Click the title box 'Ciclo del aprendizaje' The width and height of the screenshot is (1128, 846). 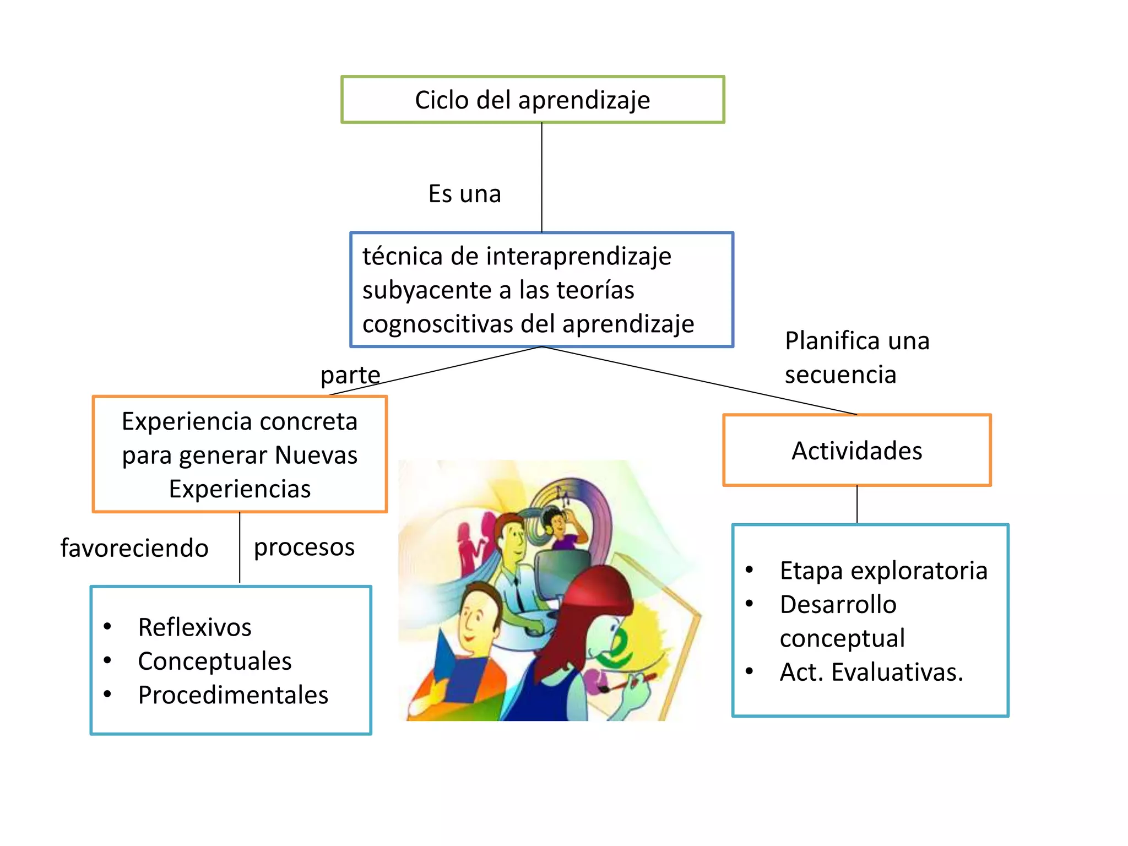pos(532,100)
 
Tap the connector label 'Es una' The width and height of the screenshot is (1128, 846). pos(464,194)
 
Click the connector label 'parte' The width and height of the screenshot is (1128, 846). pos(350,375)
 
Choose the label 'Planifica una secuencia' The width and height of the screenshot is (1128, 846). pos(856,357)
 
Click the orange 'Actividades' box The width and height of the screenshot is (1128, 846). pos(856,451)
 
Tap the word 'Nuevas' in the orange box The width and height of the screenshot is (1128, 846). pos(316,455)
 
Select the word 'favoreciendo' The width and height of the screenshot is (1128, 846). pos(134,548)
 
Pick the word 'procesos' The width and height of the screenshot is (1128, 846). pos(304,547)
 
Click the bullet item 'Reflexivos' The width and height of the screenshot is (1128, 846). pos(194,627)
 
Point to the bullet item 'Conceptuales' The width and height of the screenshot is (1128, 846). pos(214,661)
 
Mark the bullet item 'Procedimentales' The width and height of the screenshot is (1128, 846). pos(233,695)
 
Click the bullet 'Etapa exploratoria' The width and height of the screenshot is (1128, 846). pos(883,571)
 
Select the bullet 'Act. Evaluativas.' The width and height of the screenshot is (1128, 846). pos(871,672)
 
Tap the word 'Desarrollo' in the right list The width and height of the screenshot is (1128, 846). pos(838,605)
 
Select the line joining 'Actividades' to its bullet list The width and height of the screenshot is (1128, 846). pos(857,505)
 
